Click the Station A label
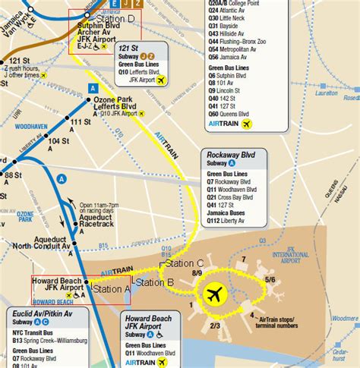point(112,289)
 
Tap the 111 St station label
point(81,121)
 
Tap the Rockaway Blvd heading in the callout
point(232,155)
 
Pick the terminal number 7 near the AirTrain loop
point(243,259)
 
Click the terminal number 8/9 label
point(197,272)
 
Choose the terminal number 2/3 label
point(215,326)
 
